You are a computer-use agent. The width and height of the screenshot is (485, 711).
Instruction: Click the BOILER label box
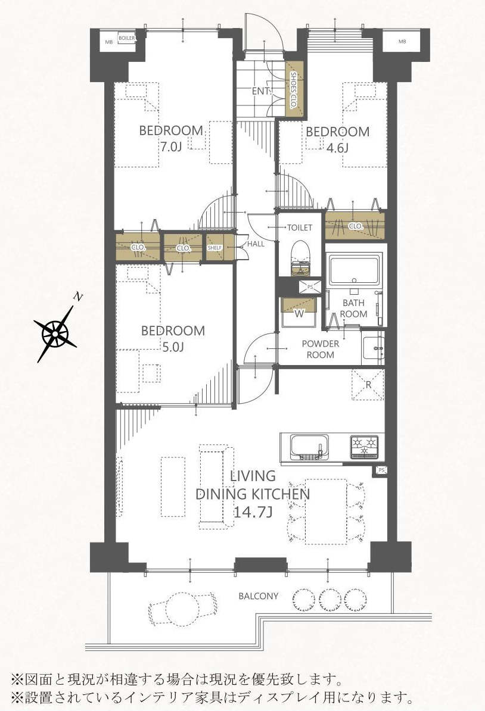click(x=126, y=39)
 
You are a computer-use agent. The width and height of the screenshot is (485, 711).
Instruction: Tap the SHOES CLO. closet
click(x=294, y=90)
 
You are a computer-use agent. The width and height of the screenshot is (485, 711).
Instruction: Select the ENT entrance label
click(x=260, y=91)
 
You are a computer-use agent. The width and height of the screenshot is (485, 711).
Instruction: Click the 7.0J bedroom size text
click(x=170, y=146)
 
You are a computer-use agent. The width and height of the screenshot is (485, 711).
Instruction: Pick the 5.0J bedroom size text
click(x=172, y=347)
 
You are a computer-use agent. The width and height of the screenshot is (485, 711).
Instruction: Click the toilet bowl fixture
click(x=300, y=257)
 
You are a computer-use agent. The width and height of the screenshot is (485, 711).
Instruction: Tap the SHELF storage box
click(x=214, y=248)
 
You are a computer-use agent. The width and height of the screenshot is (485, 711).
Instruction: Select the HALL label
click(x=256, y=244)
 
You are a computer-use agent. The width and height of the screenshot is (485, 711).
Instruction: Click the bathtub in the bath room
click(x=355, y=270)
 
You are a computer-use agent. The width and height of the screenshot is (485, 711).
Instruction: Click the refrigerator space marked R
click(x=368, y=385)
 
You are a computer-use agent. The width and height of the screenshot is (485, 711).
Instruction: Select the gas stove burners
click(x=364, y=446)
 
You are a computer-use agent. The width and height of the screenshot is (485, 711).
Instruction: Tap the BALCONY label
click(x=258, y=596)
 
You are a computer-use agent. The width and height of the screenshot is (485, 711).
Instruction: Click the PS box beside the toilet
click(x=310, y=287)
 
